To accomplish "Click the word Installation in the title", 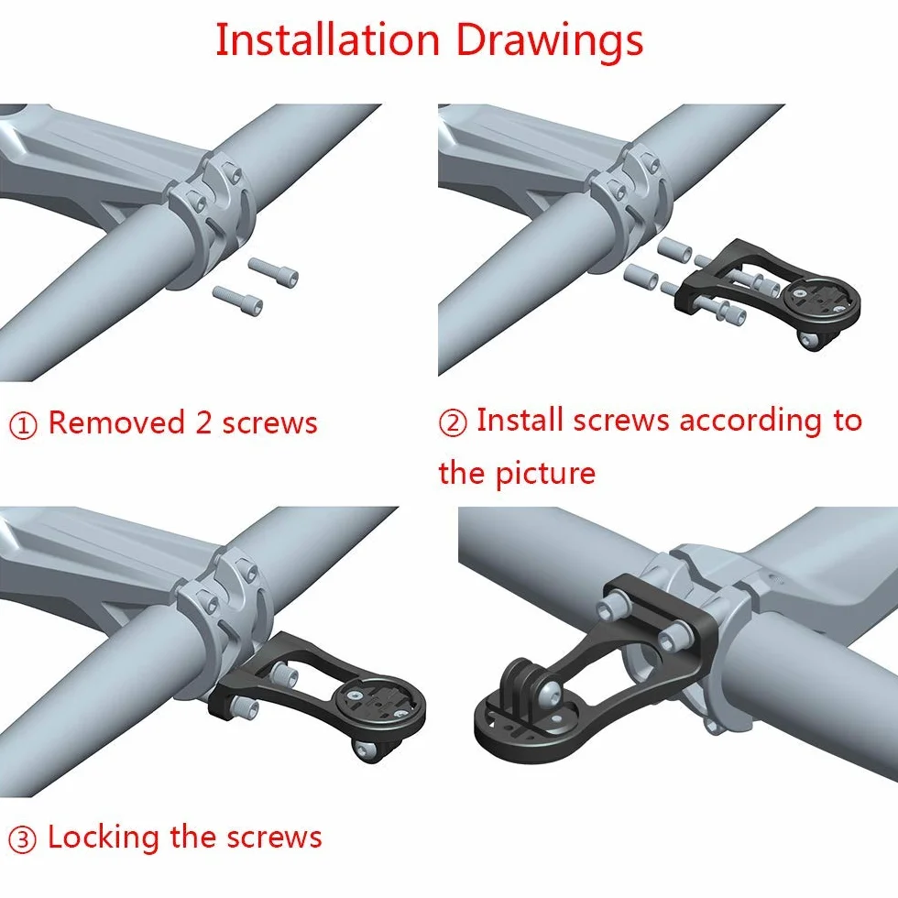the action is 327,39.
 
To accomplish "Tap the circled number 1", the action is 24,425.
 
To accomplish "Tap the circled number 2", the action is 453,422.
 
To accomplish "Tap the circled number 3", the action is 23,839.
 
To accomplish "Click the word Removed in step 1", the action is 116,422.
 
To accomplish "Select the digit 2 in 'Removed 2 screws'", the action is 203,422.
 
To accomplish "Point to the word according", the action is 751,422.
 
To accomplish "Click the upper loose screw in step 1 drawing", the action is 273,272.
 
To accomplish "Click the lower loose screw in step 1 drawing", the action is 237,301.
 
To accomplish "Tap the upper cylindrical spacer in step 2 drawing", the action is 674,249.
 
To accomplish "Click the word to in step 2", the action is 848,421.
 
